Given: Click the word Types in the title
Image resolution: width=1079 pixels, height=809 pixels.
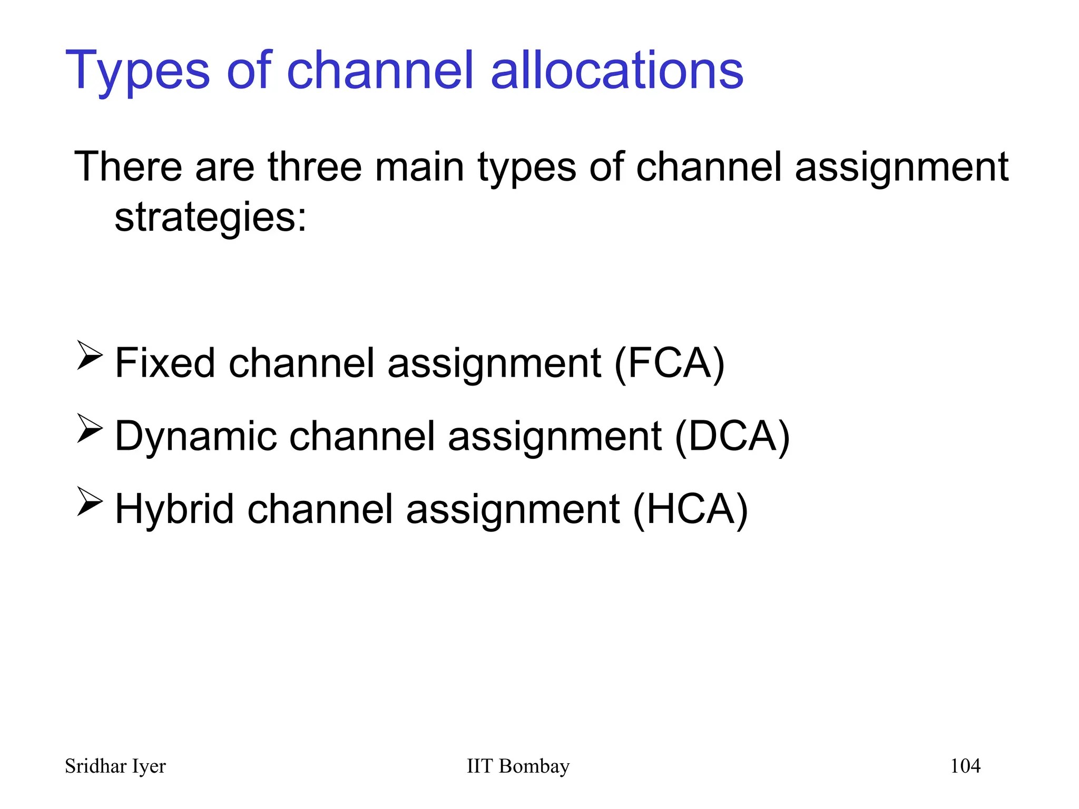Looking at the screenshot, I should pos(138,71).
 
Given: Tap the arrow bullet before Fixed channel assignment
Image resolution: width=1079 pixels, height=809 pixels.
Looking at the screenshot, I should pos(90,356).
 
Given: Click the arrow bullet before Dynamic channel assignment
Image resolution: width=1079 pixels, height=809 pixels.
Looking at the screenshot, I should pos(90,428).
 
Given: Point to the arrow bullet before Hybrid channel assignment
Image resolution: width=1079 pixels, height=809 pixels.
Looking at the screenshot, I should pos(90,501).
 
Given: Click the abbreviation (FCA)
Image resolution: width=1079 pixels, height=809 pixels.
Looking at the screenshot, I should pos(669,363).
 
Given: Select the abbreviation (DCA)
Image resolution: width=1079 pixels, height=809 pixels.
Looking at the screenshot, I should pos(732,437).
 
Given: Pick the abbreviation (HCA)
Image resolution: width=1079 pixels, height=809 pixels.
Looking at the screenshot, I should pos(690,509).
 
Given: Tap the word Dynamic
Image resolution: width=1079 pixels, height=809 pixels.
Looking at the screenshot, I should pos(195,437).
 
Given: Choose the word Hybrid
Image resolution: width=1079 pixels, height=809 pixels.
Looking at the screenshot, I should pos(174,509).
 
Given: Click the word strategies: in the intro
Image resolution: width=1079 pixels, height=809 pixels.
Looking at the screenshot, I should pos(210,218).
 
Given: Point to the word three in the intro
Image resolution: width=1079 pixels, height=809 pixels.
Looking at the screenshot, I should pos(315,167).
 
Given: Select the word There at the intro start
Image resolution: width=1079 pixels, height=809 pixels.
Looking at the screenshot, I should pos(128,167).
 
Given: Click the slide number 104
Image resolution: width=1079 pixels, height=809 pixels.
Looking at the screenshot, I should pos(965,766).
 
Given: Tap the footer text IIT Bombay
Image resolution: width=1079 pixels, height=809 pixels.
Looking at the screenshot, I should pos(518,766).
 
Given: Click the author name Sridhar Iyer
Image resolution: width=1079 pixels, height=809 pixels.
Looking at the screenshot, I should pos(115,766).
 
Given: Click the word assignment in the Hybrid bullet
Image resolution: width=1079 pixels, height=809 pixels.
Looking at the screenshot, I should pos(513,510).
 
